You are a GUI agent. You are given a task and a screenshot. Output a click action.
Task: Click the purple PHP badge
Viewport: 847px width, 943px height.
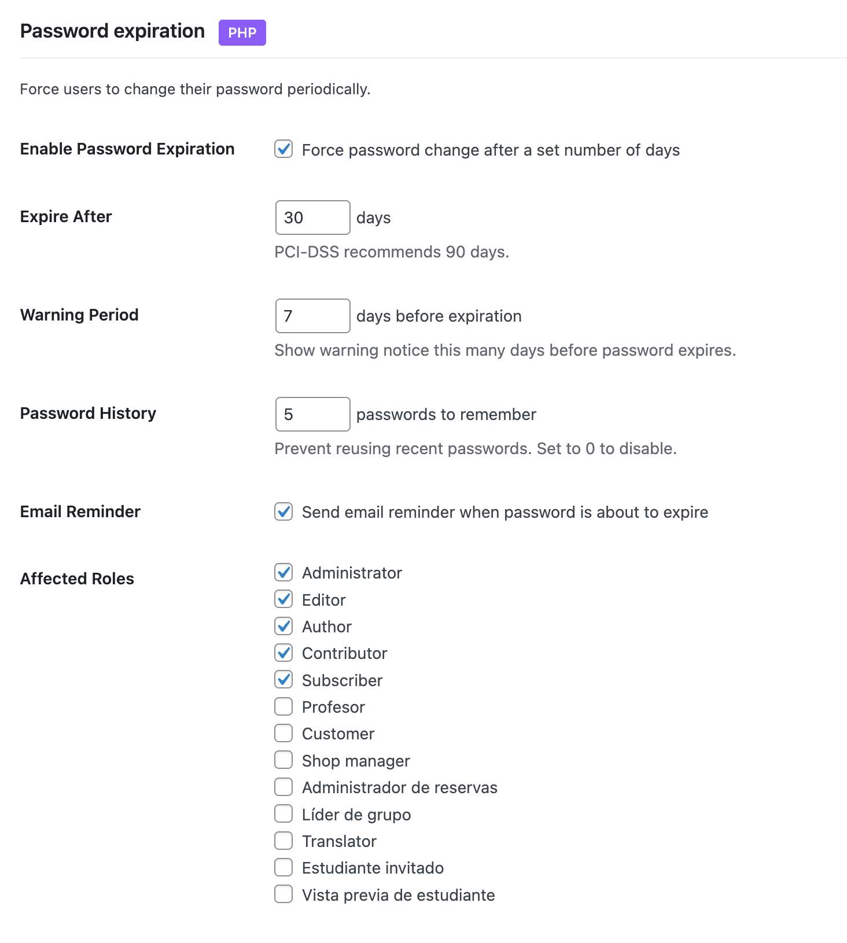[242, 32]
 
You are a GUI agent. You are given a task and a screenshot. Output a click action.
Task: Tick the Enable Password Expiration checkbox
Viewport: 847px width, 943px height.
[283, 149]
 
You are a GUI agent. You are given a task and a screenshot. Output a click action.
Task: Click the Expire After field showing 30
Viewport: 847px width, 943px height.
[312, 218]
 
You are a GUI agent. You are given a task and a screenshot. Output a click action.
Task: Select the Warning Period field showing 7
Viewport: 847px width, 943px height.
[312, 316]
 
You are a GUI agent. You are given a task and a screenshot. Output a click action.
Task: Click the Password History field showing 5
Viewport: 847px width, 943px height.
[312, 414]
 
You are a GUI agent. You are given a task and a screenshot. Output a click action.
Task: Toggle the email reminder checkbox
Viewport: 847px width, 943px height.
[283, 511]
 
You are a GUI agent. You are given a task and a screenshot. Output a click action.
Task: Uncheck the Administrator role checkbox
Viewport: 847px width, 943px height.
[283, 572]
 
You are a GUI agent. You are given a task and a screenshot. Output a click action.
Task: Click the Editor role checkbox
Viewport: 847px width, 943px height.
[283, 599]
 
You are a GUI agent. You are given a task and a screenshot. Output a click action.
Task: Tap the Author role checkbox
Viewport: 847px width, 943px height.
[283, 626]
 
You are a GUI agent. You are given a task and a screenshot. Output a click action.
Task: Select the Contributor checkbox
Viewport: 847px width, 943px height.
[283, 653]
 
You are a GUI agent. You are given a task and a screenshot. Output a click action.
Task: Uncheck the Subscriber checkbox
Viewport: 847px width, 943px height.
[283, 680]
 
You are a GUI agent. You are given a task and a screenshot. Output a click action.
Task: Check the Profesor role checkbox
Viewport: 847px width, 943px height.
[283, 706]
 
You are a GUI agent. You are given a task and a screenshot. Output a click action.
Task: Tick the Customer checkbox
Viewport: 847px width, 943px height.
[283, 733]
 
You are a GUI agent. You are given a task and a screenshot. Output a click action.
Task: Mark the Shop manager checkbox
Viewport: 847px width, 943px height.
[283, 760]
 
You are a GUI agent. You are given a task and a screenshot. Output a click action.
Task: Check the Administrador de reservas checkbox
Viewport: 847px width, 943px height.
[283, 787]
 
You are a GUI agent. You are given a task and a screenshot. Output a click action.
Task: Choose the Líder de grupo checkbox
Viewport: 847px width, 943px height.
[283, 814]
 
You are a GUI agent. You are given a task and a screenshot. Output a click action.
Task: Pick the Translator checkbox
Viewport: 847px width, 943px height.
[283, 841]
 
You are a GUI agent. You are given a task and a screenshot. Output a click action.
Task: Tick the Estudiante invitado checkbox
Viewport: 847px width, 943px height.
[283, 867]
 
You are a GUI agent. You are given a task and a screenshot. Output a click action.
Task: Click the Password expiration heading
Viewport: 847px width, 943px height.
[112, 31]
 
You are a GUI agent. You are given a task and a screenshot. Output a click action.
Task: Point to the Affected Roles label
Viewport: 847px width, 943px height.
[77, 579]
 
